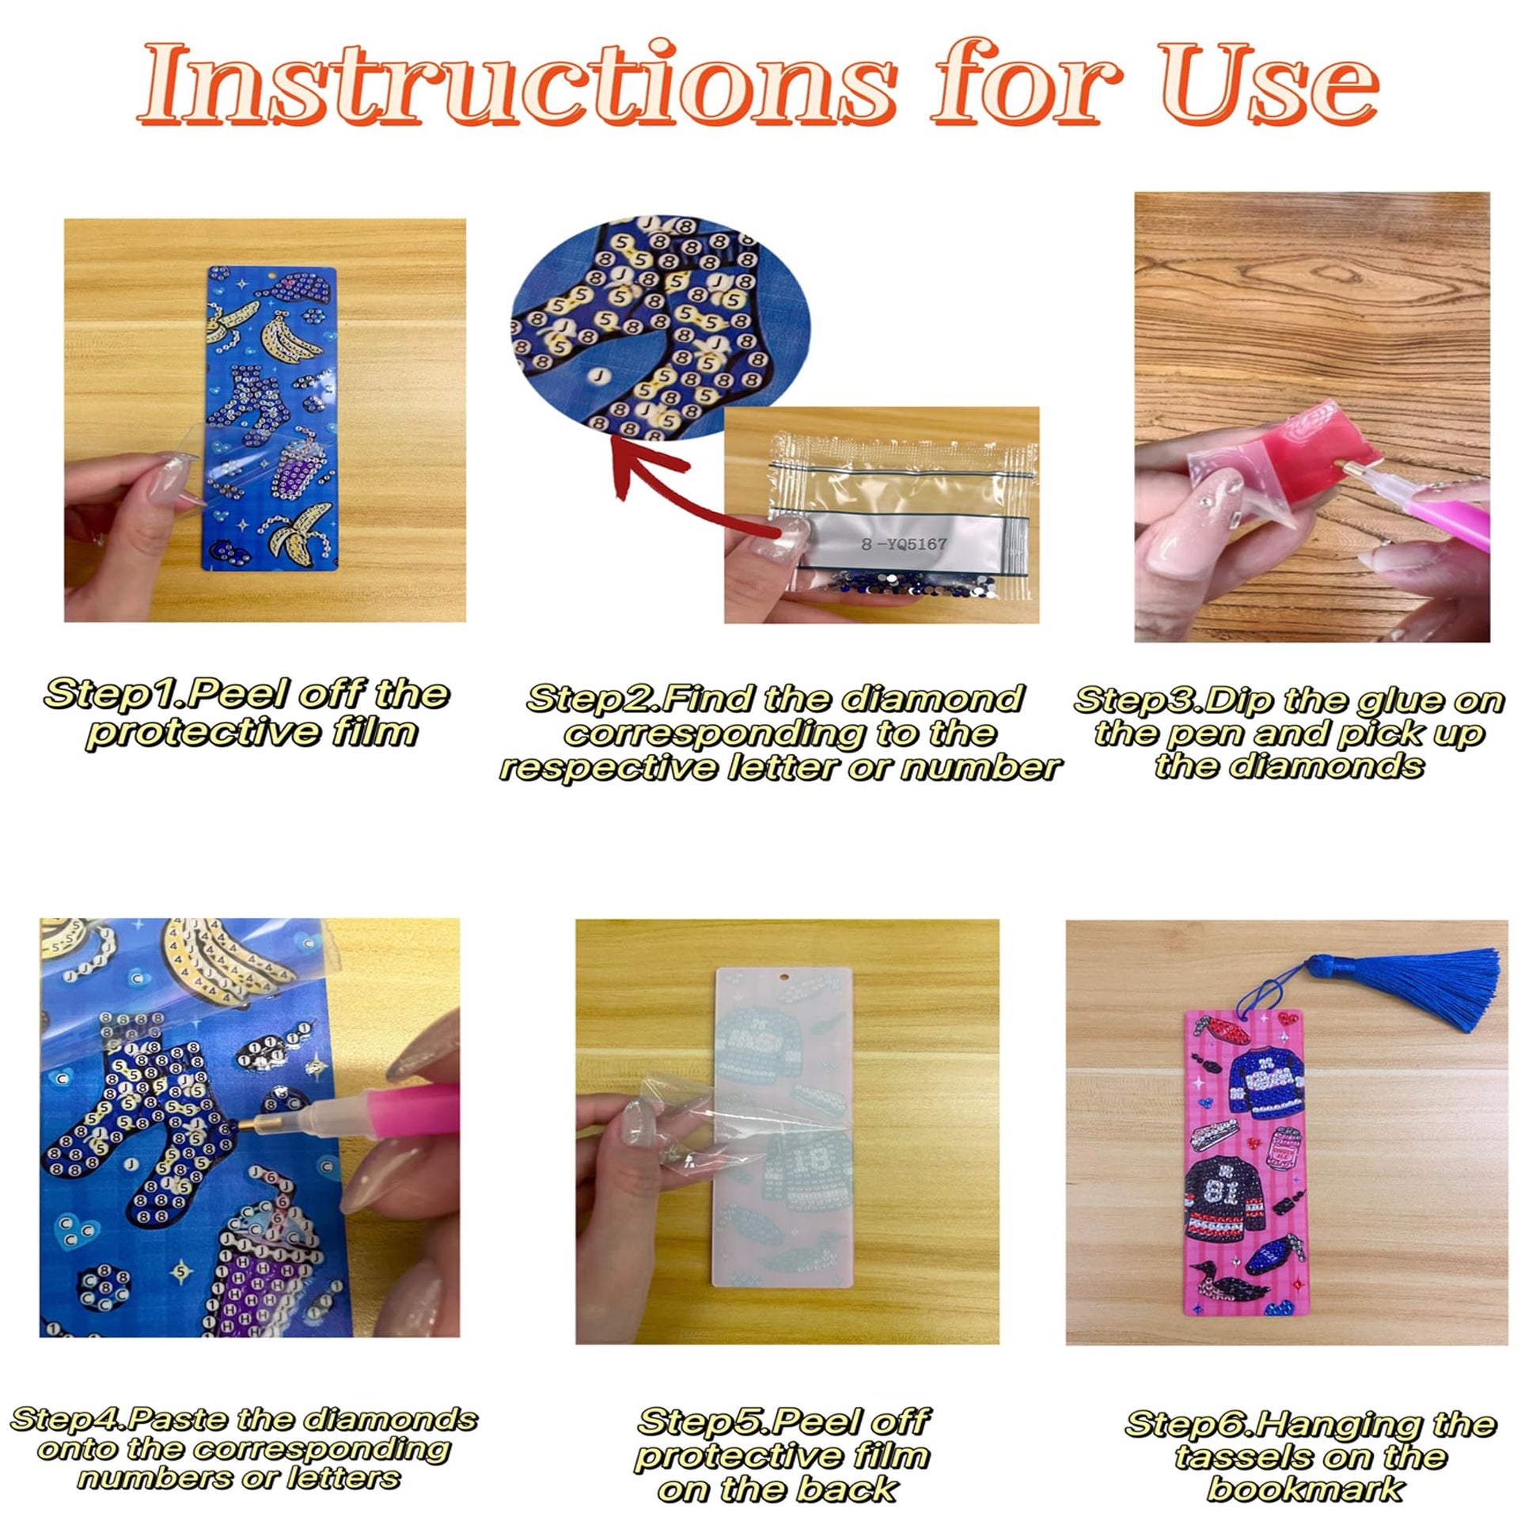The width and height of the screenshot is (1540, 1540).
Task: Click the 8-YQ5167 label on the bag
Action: coord(904,544)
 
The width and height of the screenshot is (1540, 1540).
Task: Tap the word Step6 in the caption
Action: coord(1190,1425)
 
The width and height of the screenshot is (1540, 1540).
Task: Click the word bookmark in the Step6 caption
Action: coord(1305,1489)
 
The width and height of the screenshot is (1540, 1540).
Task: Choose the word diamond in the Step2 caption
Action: coord(932,700)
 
